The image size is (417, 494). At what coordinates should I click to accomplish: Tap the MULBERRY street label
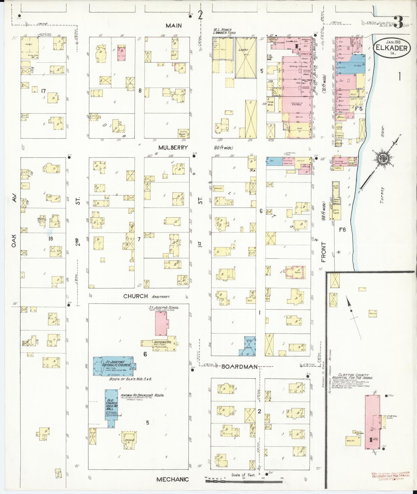(x=173, y=148)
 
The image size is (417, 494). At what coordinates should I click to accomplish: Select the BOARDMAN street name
(x=239, y=367)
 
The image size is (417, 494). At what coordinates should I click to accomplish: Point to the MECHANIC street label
(x=173, y=479)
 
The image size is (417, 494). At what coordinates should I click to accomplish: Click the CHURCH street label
(x=136, y=296)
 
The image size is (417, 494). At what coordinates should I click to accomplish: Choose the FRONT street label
(x=323, y=252)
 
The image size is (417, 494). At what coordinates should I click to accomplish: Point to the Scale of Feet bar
(x=244, y=481)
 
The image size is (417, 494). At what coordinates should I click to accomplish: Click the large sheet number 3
(x=399, y=22)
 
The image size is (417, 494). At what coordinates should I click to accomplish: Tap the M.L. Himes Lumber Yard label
(x=225, y=31)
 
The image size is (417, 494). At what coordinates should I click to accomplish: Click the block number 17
(x=43, y=91)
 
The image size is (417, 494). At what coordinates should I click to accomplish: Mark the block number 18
(x=51, y=239)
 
